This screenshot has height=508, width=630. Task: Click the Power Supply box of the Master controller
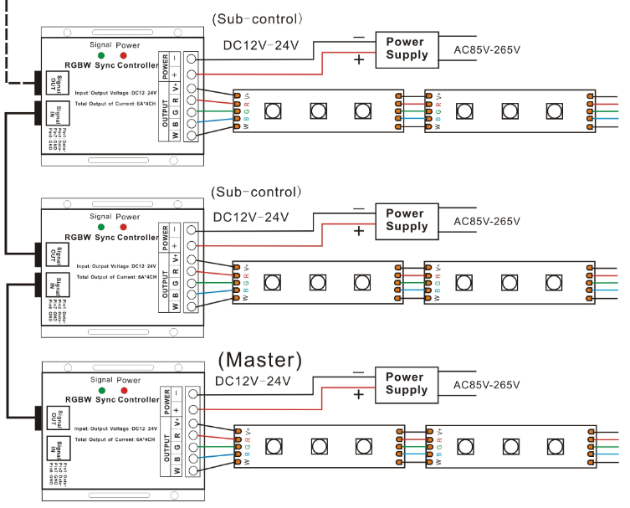click(x=405, y=383)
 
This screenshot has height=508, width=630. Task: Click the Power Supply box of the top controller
click(x=407, y=48)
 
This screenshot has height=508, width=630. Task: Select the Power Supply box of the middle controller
click(x=407, y=220)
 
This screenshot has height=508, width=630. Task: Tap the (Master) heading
click(x=259, y=360)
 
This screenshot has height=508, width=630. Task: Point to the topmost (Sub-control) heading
click(x=257, y=18)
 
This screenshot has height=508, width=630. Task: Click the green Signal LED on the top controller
click(x=100, y=56)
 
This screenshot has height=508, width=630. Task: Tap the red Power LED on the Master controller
click(x=123, y=391)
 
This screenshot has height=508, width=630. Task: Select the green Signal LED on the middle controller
click(x=100, y=226)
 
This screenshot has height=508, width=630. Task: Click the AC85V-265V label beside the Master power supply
click(x=486, y=385)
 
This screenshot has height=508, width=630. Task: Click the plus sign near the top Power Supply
click(x=360, y=59)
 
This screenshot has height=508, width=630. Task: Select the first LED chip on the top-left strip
click(x=272, y=110)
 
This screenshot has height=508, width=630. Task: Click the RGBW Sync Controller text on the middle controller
click(x=111, y=238)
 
